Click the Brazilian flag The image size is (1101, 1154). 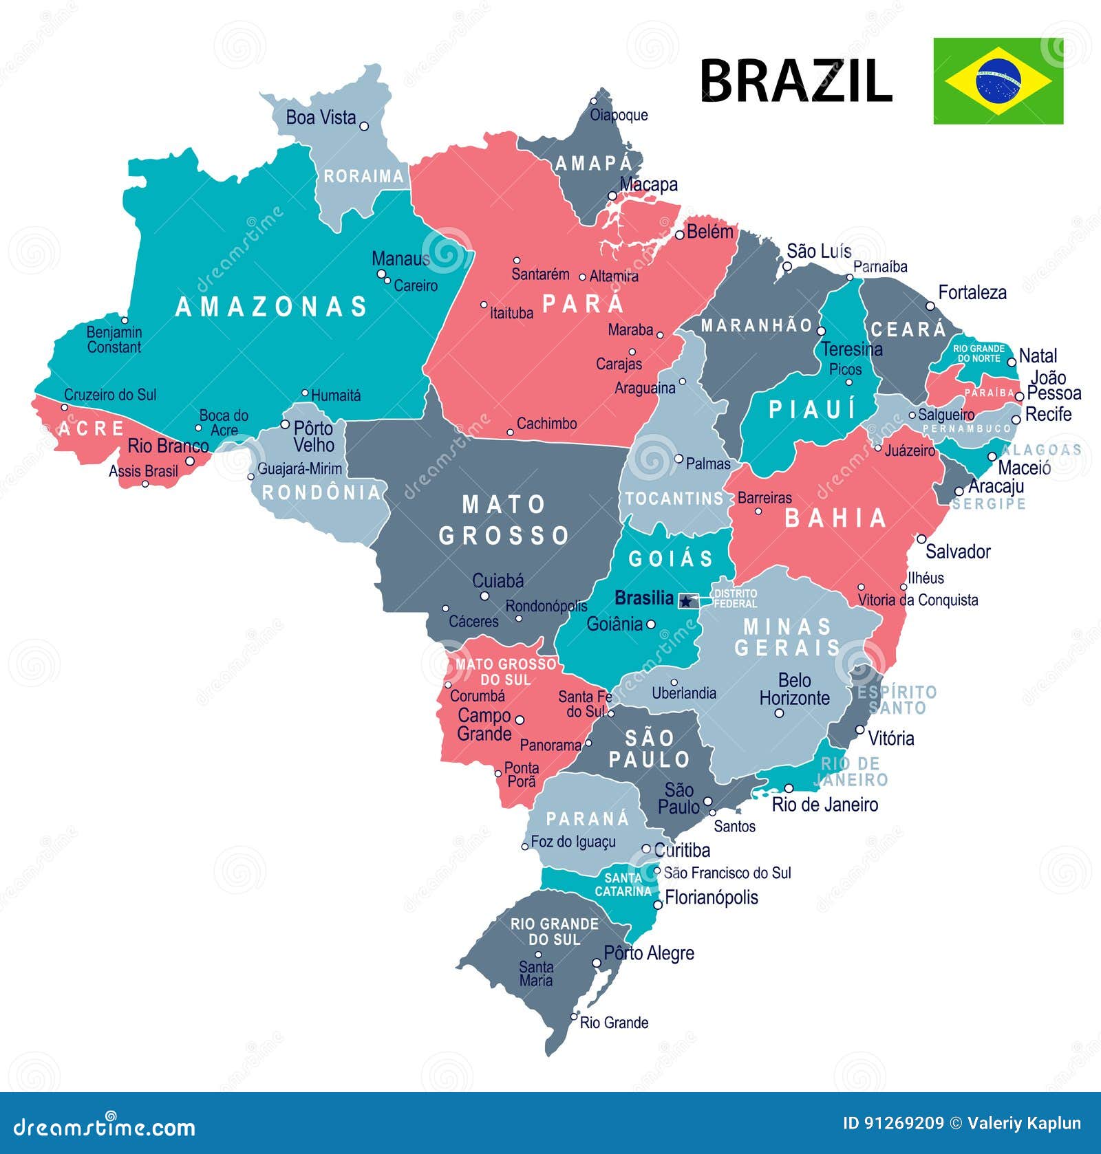point(998,81)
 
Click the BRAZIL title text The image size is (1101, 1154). point(796,81)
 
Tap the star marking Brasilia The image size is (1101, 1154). point(685,601)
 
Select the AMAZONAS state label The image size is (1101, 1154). point(272,307)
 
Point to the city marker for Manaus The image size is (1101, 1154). point(381,274)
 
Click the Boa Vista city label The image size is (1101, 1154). point(321,118)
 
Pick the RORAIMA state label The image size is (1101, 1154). point(363,177)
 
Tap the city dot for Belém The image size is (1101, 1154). point(679,235)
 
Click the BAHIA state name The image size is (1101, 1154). point(835,519)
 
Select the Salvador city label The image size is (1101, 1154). point(958,552)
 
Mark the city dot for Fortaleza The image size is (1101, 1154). point(930,306)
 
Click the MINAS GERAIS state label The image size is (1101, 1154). point(787,637)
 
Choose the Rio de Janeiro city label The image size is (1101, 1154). point(825,805)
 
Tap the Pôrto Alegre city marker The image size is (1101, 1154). point(597,963)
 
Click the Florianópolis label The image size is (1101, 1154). point(712,897)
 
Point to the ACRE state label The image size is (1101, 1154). point(92,429)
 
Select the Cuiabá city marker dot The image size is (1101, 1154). point(484,596)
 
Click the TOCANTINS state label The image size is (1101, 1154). point(674,499)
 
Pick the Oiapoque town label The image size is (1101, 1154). point(619,115)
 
